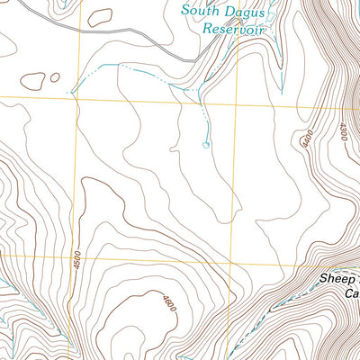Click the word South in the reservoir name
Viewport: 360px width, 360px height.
[198, 11]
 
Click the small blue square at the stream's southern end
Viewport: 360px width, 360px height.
[207, 143]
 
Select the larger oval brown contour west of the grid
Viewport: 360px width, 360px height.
[32, 82]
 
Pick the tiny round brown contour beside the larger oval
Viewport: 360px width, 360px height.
[55, 78]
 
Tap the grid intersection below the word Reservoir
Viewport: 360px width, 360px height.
[236, 96]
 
